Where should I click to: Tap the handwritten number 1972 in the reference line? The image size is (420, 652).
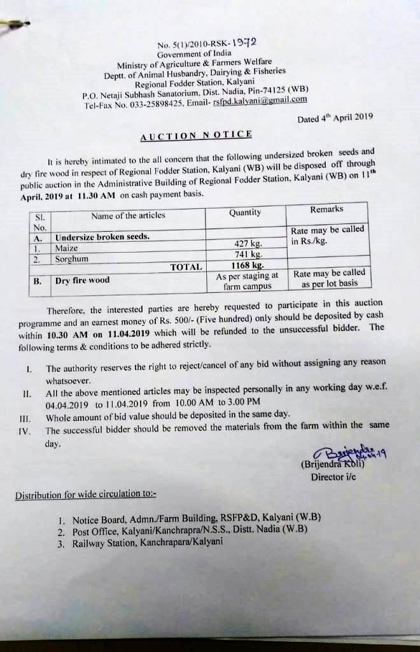tap(245, 43)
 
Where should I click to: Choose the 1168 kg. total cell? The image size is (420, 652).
tap(248, 265)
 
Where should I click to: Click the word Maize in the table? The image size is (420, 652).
tap(66, 248)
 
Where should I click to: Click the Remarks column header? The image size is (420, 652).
tap(326, 209)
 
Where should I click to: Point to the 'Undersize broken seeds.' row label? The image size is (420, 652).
tap(102, 237)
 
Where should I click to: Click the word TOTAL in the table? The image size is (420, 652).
tap(186, 267)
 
